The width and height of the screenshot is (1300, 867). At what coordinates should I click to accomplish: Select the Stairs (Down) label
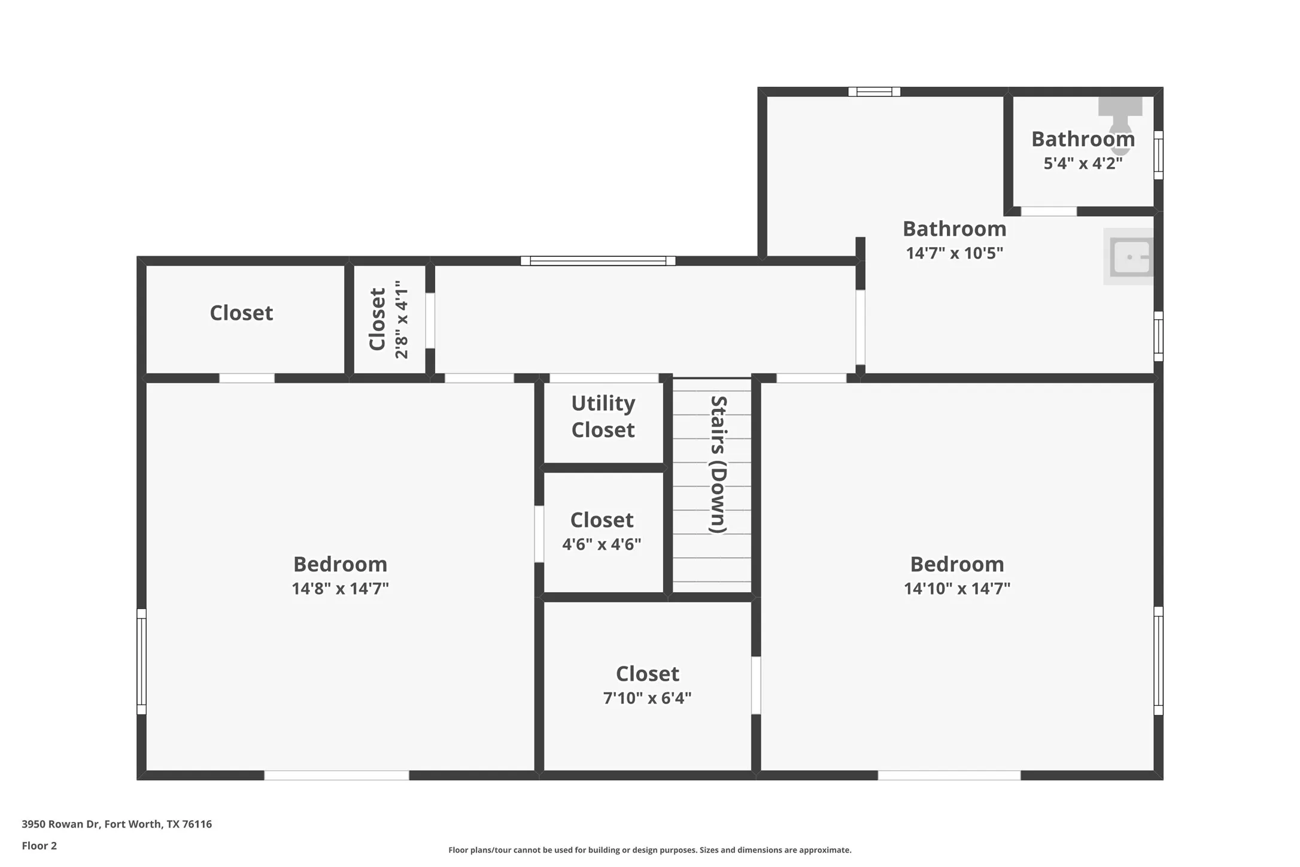pos(718,464)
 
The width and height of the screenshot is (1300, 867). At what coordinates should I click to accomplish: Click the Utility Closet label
pos(603,416)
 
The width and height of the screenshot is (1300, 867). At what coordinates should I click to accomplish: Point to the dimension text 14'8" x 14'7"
pos(340,589)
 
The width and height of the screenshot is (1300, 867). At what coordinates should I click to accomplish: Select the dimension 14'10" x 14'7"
pos(956,589)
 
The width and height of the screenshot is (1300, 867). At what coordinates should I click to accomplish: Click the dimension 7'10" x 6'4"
pos(647,698)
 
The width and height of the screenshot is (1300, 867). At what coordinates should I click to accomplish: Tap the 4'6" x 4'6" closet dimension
pos(602,544)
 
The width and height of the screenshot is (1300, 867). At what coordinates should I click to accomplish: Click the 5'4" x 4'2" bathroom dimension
pos(1083,163)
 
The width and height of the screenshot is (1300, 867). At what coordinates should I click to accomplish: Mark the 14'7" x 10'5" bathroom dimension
pos(954,253)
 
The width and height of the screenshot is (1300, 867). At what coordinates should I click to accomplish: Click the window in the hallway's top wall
pos(598,260)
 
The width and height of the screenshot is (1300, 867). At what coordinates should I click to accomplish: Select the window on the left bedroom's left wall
pos(142,661)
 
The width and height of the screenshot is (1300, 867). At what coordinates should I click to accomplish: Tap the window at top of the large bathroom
pos(874,92)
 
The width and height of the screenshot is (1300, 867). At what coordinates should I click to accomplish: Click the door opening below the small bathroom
pos(1049,211)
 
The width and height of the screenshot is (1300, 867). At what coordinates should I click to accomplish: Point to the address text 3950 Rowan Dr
pos(117,824)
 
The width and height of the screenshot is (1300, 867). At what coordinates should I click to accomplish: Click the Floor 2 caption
pos(40,845)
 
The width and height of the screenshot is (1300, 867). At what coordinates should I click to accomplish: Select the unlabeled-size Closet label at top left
pos(241,313)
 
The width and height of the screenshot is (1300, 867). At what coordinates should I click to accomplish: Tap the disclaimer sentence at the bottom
pos(649,850)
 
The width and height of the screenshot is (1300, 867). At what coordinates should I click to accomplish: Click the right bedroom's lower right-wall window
pos(1158,660)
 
